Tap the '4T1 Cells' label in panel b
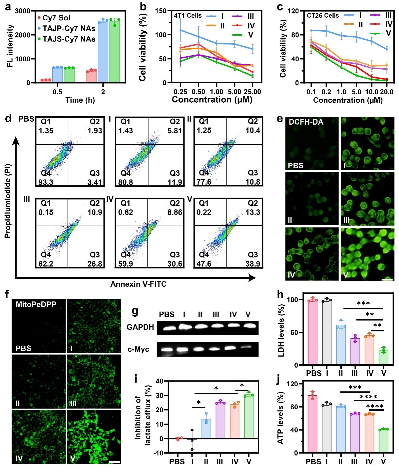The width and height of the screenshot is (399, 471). (188, 16)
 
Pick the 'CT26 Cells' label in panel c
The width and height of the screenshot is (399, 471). (323, 16)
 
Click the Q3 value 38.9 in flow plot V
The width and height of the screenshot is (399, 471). (253, 264)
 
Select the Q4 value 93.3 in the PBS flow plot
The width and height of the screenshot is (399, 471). (46, 182)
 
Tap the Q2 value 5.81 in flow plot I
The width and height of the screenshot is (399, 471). (175, 130)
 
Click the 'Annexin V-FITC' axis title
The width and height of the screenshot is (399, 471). (138, 284)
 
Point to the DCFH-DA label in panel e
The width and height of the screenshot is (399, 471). (306, 122)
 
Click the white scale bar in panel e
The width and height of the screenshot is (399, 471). (387, 280)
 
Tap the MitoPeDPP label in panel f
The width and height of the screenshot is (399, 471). (36, 304)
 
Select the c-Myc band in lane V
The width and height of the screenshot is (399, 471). (248, 347)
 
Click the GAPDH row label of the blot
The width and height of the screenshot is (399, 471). (140, 327)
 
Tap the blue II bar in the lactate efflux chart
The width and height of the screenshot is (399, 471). (206, 429)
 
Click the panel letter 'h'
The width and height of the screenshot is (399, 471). (280, 295)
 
